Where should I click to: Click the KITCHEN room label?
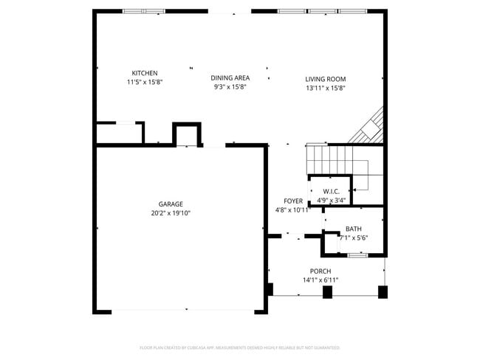[x=144, y=73]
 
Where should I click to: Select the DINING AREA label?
[x=230, y=77]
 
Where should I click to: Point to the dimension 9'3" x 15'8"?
[x=230, y=87]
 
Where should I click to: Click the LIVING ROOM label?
[x=325, y=79]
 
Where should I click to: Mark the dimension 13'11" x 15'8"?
[x=325, y=88]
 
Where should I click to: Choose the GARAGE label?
[x=170, y=204]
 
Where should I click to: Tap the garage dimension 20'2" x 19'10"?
[x=170, y=213]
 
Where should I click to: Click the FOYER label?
[x=293, y=201]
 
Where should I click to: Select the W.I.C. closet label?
[x=330, y=191]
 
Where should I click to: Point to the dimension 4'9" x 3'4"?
[x=330, y=199]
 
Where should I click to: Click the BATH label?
[x=353, y=229]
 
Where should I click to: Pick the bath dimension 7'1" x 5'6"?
[x=353, y=238]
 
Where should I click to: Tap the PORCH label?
[x=320, y=271]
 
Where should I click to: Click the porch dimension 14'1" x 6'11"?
[x=320, y=280]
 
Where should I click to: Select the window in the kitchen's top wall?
[x=144, y=11]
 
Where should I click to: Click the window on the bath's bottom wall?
[x=357, y=255]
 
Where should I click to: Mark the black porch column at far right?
[x=383, y=292]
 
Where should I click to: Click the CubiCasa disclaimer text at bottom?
[x=239, y=347]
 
